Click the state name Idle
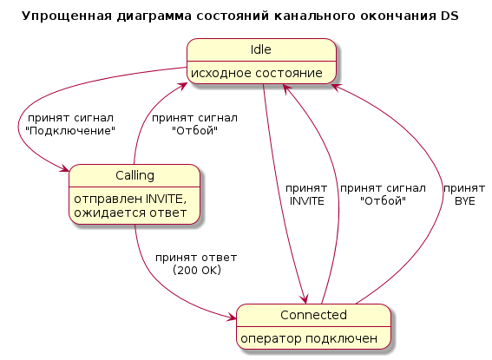click(x=260, y=49)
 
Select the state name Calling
click(x=134, y=175)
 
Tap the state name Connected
click(x=313, y=315)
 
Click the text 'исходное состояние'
click(x=257, y=73)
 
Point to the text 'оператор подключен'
click(x=309, y=338)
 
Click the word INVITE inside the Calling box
click(x=162, y=200)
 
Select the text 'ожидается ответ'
click(x=130, y=213)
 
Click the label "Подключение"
click(x=70, y=131)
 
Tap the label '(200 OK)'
click(x=197, y=270)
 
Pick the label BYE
click(x=465, y=201)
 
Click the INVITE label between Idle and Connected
click(x=306, y=201)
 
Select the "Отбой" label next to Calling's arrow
click(x=194, y=130)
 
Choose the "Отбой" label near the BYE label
click(x=383, y=200)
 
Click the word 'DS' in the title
click(x=449, y=16)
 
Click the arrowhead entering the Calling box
click(x=65, y=168)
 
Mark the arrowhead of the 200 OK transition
click(x=233, y=317)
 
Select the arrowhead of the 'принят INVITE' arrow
click(x=305, y=299)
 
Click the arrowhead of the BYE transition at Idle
click(x=334, y=87)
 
